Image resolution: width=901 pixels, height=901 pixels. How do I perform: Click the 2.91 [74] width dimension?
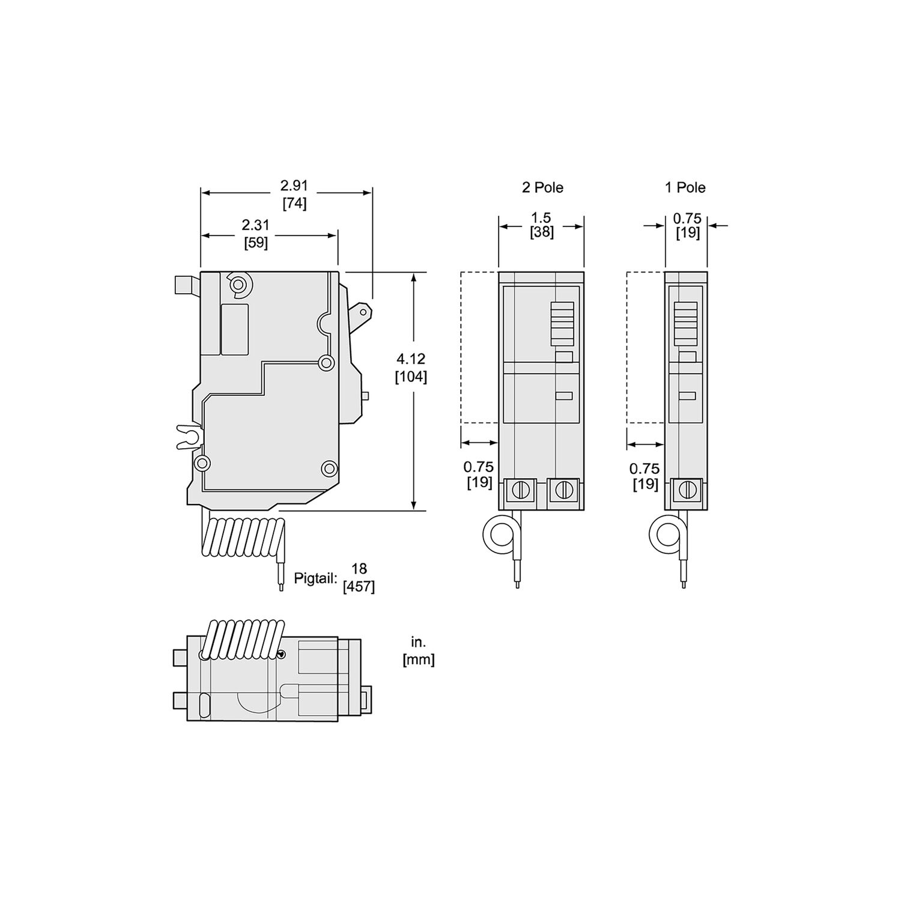294,195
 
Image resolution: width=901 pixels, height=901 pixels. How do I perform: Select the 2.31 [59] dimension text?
256,234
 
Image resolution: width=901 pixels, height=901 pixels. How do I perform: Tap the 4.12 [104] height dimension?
411,368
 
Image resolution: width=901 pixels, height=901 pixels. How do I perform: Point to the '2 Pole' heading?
542,187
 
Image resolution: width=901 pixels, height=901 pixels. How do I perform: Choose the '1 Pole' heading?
685,187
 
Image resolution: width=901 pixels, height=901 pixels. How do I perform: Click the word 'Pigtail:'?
315,579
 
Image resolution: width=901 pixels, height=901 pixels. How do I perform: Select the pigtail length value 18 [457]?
359,577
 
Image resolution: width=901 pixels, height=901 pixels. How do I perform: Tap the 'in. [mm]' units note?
418,651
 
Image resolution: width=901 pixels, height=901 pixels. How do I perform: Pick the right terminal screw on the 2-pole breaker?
563,490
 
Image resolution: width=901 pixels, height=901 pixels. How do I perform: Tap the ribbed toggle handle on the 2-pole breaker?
562,324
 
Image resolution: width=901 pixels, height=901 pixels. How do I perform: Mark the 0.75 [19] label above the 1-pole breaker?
687,225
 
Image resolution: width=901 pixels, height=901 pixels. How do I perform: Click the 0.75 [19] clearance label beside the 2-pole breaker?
479,474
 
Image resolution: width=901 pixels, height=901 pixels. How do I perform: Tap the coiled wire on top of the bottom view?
243,640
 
